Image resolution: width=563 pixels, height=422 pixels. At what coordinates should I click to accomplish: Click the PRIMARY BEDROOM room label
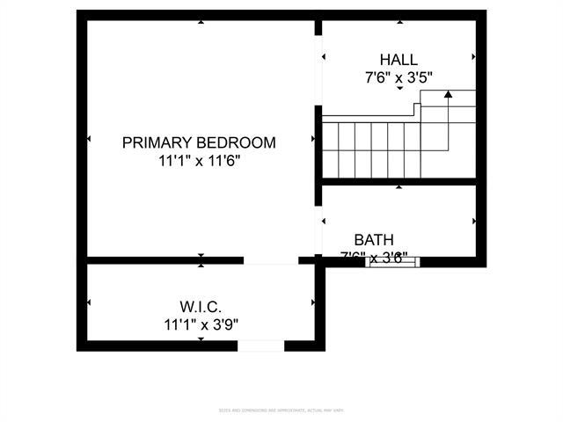coord(199,142)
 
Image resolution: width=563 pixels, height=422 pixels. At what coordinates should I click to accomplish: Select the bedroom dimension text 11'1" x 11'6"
coord(199,161)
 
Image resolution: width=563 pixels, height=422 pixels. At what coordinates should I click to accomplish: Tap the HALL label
coord(398,59)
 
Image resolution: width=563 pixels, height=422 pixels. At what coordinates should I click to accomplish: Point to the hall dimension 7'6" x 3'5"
coord(398,77)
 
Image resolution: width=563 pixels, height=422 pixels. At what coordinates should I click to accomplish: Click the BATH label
coord(374,239)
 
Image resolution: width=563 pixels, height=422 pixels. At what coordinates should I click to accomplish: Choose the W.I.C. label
coord(200,306)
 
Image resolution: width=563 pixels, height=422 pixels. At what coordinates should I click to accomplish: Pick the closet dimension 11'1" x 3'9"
coord(200,324)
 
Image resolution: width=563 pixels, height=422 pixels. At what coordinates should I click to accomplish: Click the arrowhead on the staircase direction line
coord(448,92)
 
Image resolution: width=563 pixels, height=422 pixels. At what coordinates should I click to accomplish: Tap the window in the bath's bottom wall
coord(392,260)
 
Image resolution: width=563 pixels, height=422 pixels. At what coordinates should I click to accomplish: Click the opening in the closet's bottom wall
coord(261,346)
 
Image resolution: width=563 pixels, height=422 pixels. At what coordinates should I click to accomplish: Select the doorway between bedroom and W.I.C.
coord(271,260)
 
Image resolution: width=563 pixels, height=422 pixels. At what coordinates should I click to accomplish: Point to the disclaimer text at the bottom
coord(281,410)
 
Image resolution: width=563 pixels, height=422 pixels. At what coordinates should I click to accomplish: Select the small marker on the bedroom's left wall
coord(89,139)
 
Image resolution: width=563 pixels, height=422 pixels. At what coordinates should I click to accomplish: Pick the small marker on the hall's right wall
coord(474,58)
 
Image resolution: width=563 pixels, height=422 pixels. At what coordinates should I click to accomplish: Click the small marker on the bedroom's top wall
coord(201,21)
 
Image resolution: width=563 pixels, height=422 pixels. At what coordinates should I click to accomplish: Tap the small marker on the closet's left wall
coord(89,302)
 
